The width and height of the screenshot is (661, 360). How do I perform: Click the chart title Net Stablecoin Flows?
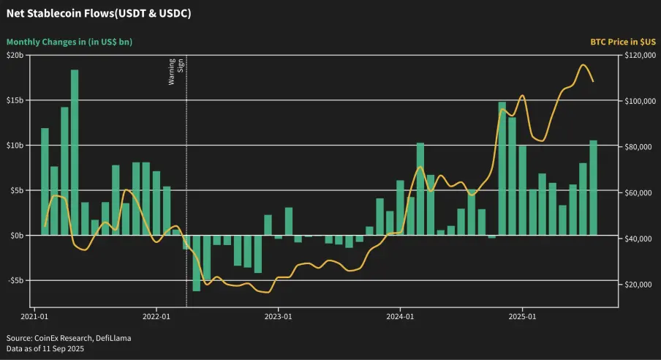coord(99,14)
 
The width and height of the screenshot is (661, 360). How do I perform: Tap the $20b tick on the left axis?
coord(15,56)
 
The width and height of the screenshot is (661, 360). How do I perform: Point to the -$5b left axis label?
coord(15,280)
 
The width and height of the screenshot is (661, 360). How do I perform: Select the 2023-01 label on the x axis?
coord(278,318)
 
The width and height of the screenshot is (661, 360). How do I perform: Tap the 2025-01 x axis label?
coord(522,318)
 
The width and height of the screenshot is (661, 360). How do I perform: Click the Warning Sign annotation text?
coord(176,71)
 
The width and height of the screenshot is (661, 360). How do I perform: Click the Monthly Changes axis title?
coord(69,42)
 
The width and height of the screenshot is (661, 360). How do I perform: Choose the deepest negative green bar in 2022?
coord(197,263)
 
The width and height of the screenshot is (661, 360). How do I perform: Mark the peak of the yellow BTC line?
coord(583,65)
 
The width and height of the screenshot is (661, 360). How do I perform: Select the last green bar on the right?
coord(593,187)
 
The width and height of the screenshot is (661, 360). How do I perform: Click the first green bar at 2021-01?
coord(45,181)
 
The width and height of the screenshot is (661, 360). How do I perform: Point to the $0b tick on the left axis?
coord(16,235)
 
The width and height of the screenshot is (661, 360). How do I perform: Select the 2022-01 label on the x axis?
coord(156,318)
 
